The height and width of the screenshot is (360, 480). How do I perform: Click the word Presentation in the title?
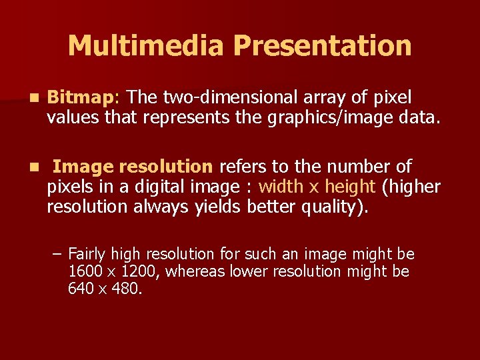(x=323, y=46)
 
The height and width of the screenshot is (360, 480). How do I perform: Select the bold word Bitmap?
(x=81, y=98)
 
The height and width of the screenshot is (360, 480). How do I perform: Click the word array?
(x=323, y=98)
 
